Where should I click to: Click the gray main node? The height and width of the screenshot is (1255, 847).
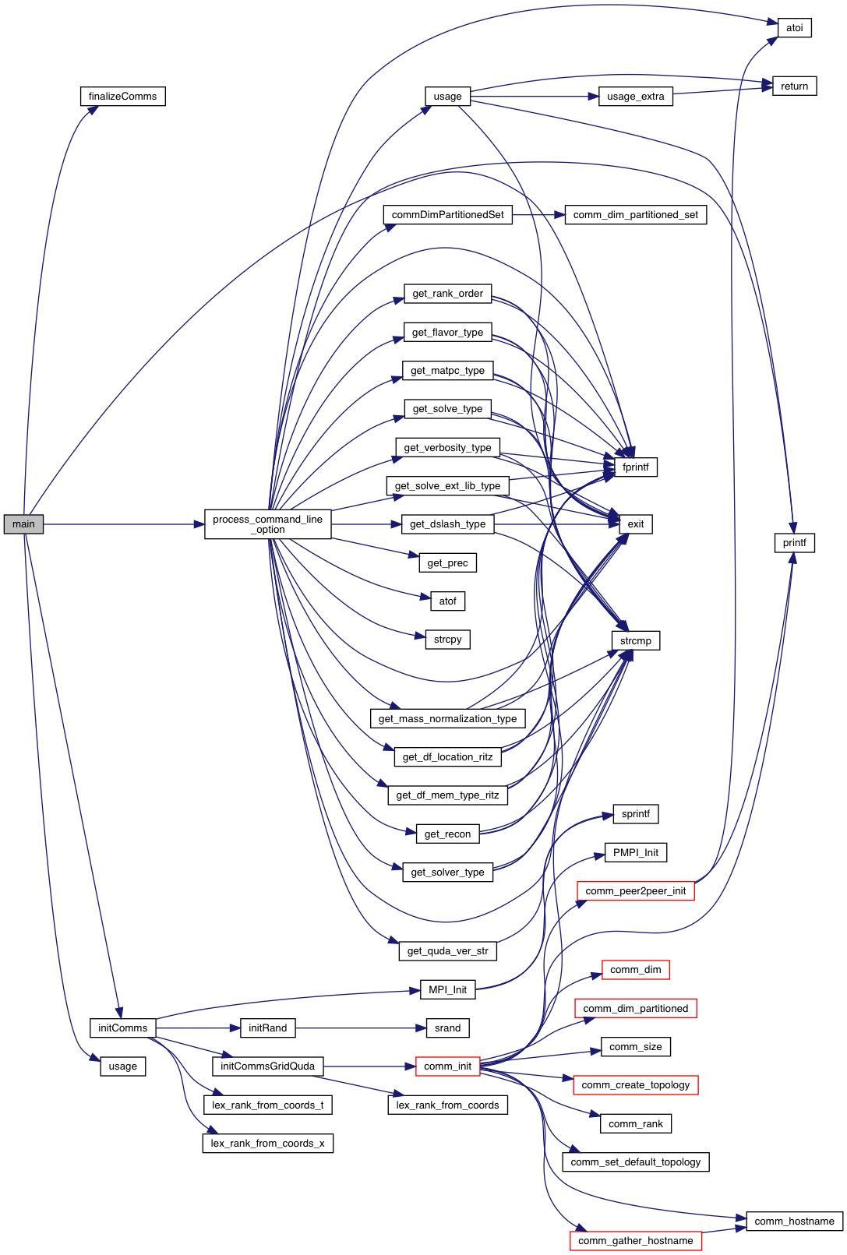(x=23, y=524)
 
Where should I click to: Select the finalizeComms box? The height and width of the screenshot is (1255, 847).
(x=122, y=97)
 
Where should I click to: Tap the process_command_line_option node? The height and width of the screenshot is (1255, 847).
(x=267, y=524)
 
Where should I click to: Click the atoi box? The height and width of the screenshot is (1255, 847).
(x=794, y=28)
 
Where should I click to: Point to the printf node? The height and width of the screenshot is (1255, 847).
(x=794, y=543)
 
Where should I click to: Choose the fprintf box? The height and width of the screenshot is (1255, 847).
(x=635, y=467)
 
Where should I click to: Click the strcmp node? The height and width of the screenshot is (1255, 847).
(x=635, y=641)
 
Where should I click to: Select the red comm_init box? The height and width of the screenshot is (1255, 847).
(x=447, y=1066)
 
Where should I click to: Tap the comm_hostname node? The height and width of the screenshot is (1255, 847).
(x=794, y=1222)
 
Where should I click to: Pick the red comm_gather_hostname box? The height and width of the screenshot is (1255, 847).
(x=635, y=1241)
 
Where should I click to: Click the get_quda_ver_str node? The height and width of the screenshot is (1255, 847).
(x=447, y=951)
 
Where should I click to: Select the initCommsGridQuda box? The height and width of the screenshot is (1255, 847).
(x=267, y=1066)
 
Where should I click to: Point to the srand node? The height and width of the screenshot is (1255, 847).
(x=447, y=1028)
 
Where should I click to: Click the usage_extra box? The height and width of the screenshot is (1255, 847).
(x=635, y=97)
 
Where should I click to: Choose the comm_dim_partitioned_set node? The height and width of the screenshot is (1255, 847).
(x=635, y=215)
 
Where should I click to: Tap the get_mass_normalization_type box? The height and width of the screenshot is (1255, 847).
(x=447, y=719)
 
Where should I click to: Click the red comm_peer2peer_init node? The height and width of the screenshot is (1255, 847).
(x=635, y=891)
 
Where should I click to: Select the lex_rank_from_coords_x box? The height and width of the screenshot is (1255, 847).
(x=267, y=1144)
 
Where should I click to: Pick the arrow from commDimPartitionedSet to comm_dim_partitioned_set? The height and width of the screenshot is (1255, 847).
(x=538, y=215)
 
